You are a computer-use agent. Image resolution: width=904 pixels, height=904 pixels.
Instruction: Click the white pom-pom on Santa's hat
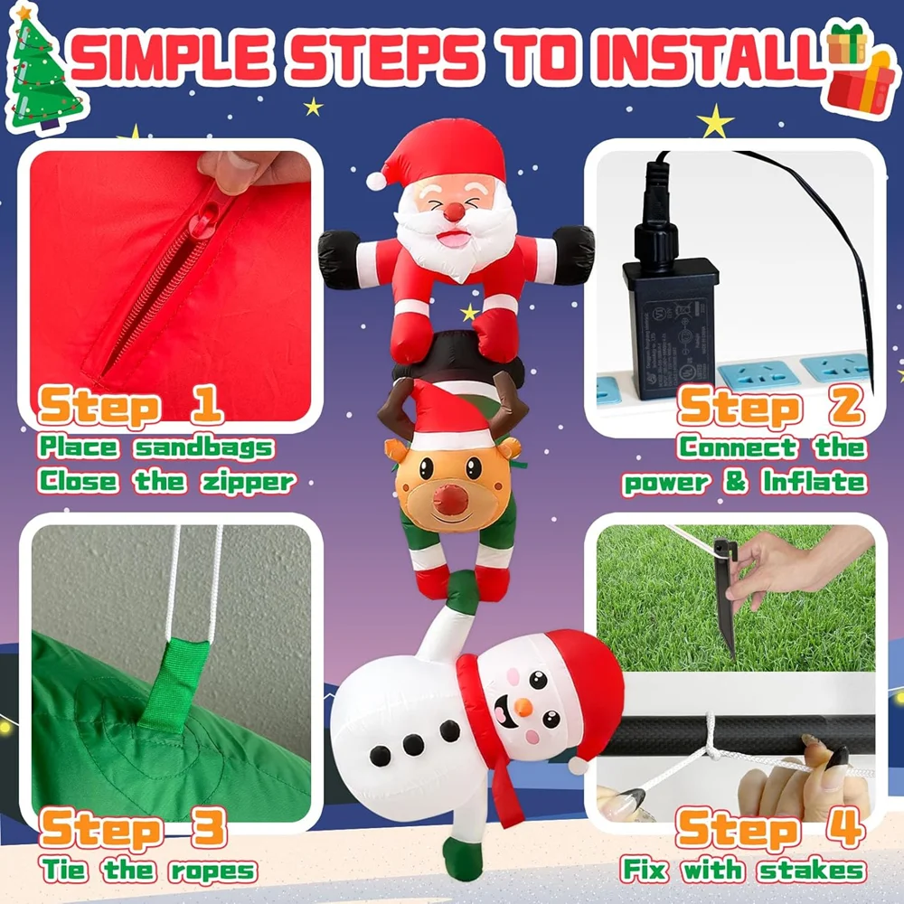(376, 181)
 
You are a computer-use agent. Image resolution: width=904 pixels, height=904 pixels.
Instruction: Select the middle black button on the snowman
(413, 744)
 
